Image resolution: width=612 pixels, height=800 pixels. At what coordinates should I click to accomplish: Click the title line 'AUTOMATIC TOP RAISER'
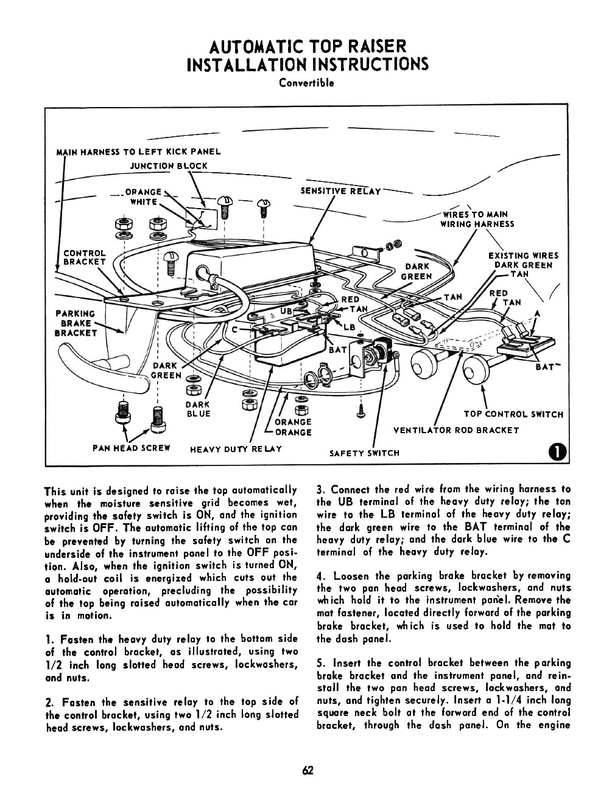coord(306,46)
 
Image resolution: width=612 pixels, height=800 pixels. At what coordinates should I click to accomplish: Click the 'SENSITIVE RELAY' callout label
coord(341,191)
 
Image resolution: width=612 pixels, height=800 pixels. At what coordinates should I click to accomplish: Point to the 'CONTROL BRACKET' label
coord(85,257)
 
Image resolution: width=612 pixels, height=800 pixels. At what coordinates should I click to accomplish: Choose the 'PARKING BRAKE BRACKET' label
coord(76,324)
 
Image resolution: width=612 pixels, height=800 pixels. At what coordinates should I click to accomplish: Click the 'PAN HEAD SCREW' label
coord(131,448)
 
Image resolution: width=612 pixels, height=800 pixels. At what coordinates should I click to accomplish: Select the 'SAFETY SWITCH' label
coord(364,453)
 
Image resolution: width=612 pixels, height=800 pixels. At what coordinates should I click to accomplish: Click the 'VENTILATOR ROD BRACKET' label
coord(456,431)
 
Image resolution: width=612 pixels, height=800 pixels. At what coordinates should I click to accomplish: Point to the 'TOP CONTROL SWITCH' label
coord(513,414)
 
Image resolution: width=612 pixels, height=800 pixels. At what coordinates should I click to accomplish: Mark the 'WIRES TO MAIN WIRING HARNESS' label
coord(477,219)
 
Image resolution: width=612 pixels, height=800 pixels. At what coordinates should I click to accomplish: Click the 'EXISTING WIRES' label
coord(523,256)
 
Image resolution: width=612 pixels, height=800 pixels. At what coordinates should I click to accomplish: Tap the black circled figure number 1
coord(557,451)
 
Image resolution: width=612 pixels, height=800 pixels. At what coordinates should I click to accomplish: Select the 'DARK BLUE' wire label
coord(198,409)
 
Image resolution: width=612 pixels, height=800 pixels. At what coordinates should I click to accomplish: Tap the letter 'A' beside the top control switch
coord(536,314)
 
